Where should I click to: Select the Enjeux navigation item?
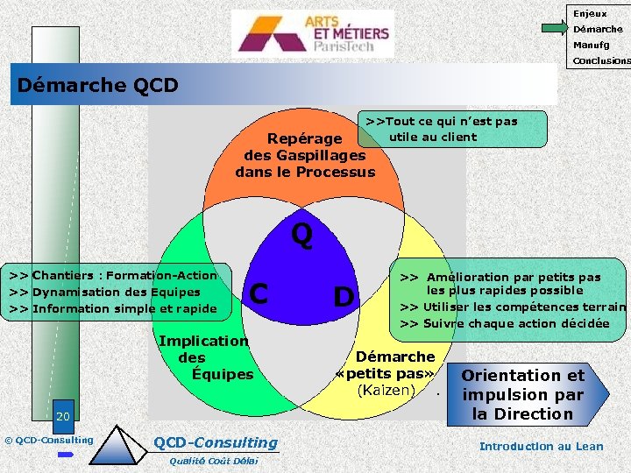point(590,13)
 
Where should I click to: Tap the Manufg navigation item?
point(591,45)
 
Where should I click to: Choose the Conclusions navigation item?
point(600,60)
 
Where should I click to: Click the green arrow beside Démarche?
point(555,29)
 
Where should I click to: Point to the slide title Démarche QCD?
point(98,85)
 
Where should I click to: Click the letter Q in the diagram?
point(301,235)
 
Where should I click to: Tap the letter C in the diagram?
point(259,293)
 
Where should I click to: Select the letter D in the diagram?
point(344,298)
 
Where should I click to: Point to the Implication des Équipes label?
point(204,357)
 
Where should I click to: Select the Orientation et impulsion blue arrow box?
point(523,394)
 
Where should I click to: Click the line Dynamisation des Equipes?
point(104,292)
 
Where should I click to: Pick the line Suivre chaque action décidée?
point(504,323)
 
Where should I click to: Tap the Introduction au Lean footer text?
point(541,446)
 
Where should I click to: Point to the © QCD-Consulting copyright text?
point(48,439)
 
